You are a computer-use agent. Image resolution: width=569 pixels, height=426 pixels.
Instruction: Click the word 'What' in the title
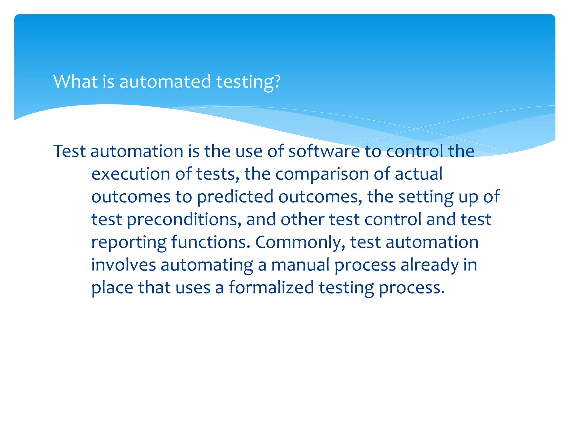75,82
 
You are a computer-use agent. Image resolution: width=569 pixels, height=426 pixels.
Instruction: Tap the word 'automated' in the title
165,82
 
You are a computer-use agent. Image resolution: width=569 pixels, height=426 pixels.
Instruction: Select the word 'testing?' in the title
248,82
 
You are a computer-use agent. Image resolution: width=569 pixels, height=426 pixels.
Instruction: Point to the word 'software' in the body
324,151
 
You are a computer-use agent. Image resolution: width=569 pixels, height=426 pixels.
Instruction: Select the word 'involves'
123,265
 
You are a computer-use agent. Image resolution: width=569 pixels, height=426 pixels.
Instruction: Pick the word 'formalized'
271,288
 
